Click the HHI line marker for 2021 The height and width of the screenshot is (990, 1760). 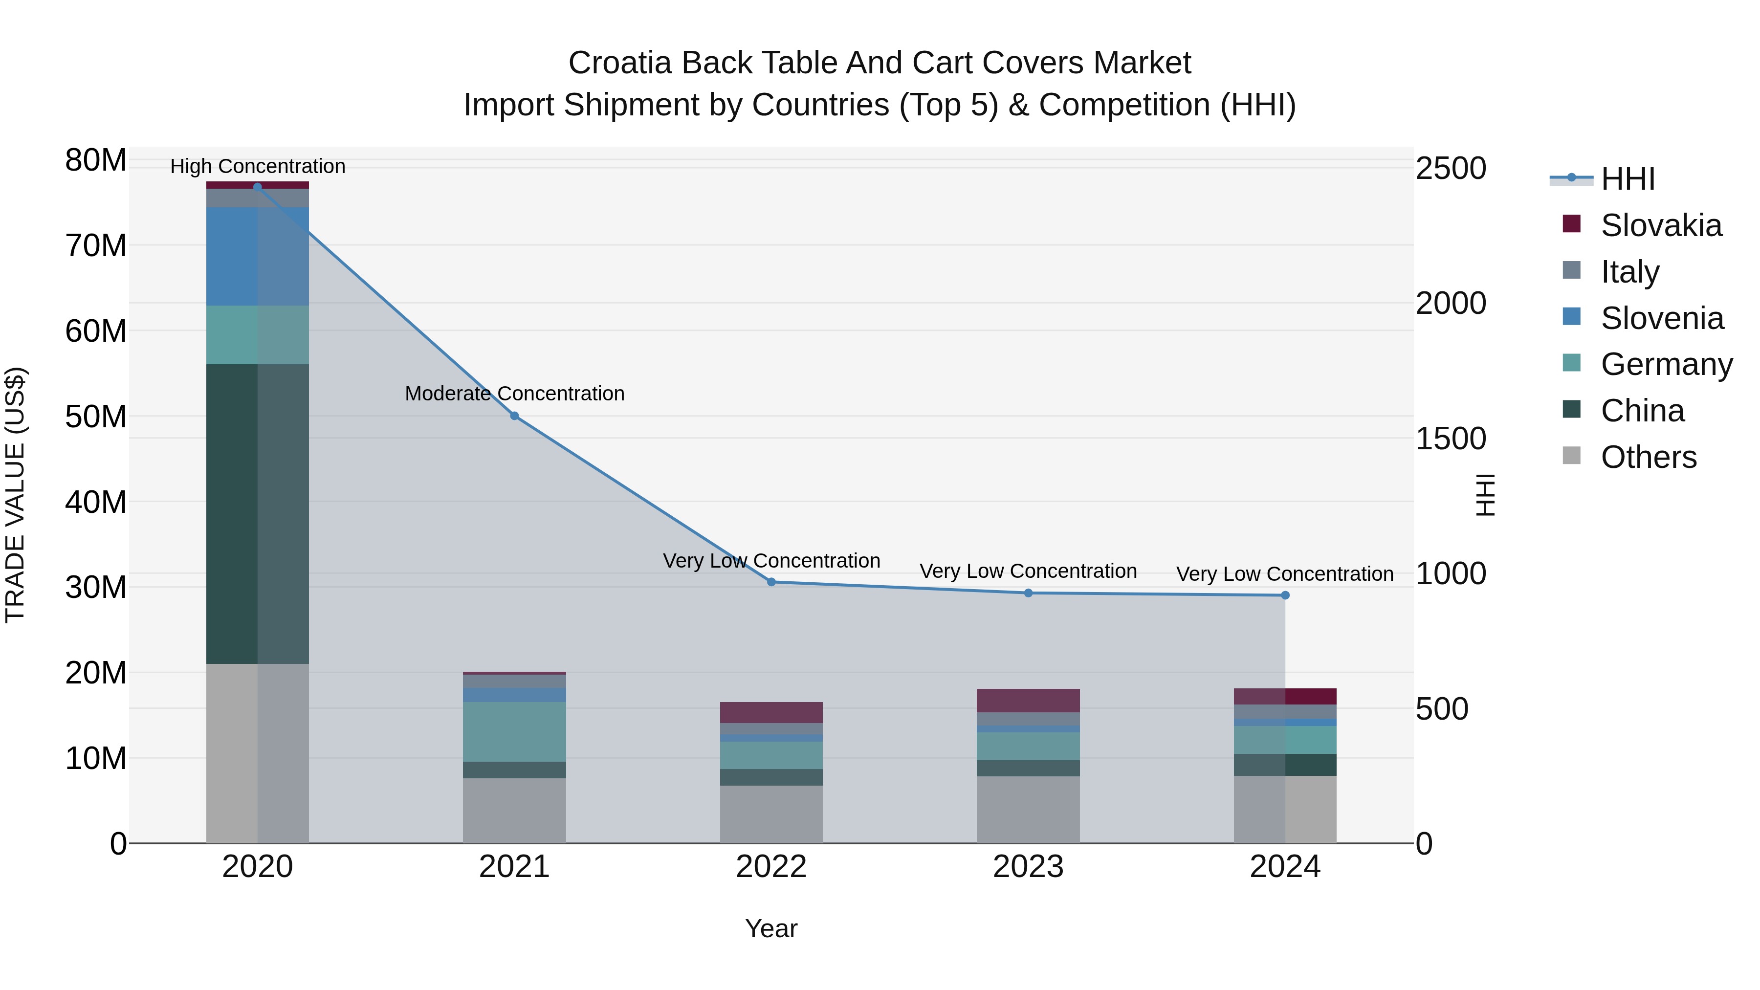coord(514,416)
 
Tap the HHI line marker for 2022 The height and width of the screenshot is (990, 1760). coord(771,582)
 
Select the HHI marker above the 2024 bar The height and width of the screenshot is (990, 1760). coord(1285,595)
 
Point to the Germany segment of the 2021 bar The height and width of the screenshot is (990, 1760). coord(514,731)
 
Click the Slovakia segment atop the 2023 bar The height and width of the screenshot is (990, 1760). coord(1028,700)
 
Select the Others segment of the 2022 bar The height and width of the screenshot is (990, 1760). coord(771,813)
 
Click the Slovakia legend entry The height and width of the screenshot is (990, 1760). coord(1660,225)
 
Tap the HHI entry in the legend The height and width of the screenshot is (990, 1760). coord(1628,179)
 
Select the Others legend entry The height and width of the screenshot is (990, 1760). coord(1648,457)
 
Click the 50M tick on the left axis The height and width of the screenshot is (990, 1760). coord(96,417)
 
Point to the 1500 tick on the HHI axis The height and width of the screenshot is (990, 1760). coord(1450,439)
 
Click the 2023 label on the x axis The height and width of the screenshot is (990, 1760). coord(1028,867)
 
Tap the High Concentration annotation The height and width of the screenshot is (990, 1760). coord(258,166)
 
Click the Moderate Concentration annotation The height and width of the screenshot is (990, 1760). coord(514,394)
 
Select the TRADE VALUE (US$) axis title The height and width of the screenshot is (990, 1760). coord(15,495)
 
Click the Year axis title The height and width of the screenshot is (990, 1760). coord(771,928)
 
